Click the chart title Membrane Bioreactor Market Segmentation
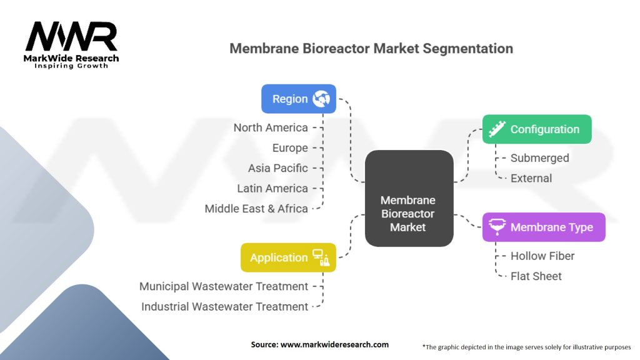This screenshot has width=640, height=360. click(371, 48)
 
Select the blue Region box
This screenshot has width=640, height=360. click(298, 99)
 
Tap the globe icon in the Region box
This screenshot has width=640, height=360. click(322, 99)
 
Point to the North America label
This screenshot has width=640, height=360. click(271, 127)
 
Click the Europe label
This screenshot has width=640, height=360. click(290, 148)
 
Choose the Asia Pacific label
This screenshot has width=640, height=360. click(277, 168)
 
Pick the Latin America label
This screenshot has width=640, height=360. click(272, 188)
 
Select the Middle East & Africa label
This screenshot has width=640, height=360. click(256, 209)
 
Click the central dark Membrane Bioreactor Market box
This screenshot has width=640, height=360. click(409, 197)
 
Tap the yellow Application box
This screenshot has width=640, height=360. click(288, 257)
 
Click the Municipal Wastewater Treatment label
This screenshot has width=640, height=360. click(224, 286)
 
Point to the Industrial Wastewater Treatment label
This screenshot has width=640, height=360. click(224, 307)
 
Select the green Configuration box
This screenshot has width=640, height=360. click(536, 129)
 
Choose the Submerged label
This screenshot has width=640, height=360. click(539, 158)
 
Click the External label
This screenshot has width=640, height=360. click(531, 178)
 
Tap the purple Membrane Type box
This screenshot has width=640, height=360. click(544, 227)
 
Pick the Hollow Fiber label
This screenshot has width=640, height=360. click(542, 256)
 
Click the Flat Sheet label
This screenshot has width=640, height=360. click(536, 276)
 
